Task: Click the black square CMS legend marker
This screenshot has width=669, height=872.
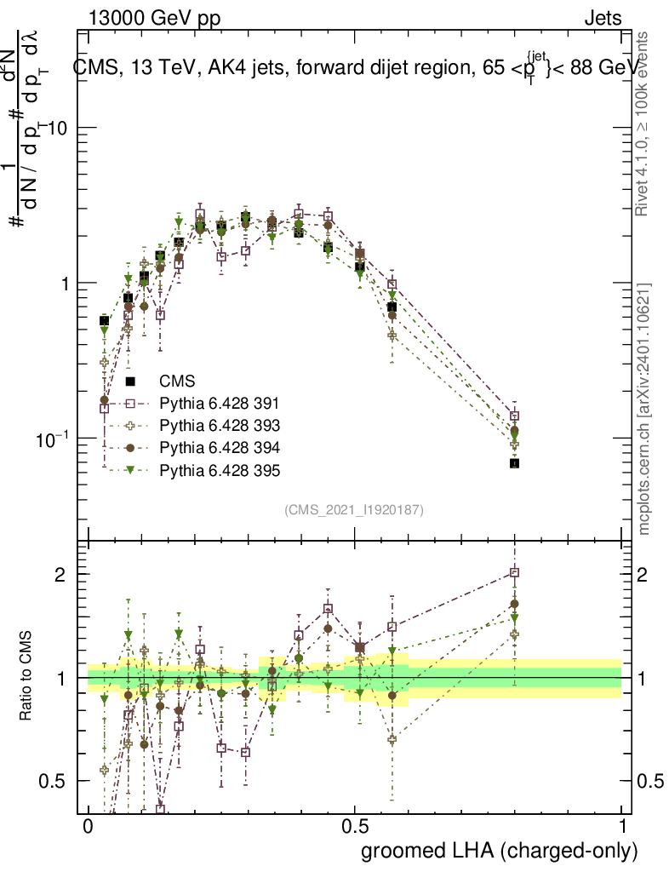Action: (130, 381)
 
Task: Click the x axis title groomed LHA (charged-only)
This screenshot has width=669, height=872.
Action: (500, 851)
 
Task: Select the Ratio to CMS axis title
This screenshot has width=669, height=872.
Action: (26, 676)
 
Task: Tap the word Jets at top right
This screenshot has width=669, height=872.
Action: (602, 18)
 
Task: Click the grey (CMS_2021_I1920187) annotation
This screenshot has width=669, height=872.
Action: (354, 510)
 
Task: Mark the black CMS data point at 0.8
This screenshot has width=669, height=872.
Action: (514, 463)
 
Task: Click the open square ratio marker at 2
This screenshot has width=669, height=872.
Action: (514, 573)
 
